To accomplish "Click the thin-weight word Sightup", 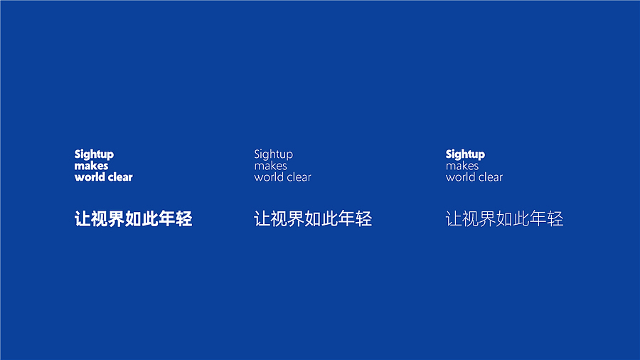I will [x=273, y=154].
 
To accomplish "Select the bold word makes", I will [x=91, y=166].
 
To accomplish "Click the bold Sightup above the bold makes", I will [x=94, y=154].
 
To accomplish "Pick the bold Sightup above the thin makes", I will [x=465, y=154].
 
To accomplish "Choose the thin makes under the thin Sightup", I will [x=270, y=166].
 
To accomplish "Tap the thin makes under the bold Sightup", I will [x=462, y=166].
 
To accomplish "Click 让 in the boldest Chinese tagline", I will [x=82, y=218].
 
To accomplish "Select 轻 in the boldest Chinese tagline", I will [x=184, y=218].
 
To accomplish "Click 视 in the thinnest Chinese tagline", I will [x=471, y=218].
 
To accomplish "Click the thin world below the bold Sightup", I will [x=460, y=177].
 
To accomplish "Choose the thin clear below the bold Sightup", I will [x=490, y=177].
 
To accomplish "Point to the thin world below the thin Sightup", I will [x=269, y=177].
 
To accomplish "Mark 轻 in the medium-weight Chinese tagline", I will [x=363, y=218].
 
